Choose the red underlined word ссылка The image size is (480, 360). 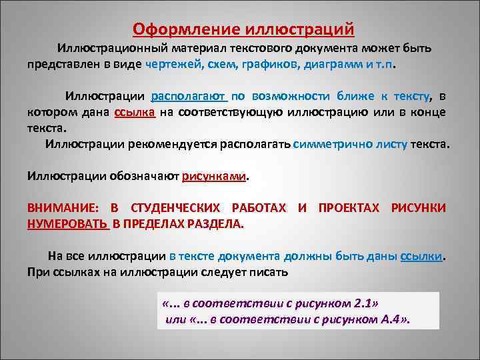(x=135, y=111)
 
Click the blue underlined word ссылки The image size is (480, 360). (x=421, y=257)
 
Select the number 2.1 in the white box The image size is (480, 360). (x=361, y=303)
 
